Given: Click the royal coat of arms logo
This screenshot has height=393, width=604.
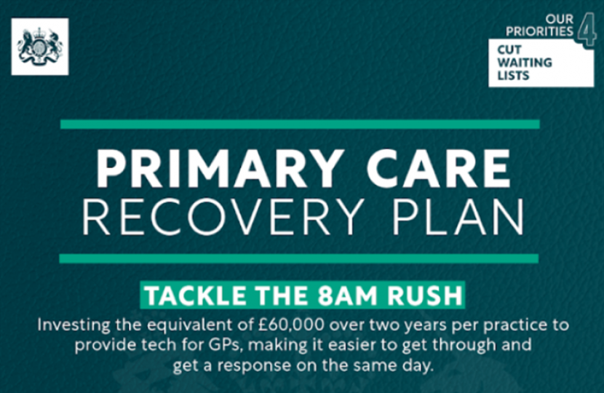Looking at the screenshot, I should pyautogui.click(x=40, y=47).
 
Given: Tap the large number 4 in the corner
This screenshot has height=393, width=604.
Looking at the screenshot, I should pyautogui.click(x=587, y=31).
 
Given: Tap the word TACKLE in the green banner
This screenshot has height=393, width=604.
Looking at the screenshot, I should pyautogui.click(x=191, y=297).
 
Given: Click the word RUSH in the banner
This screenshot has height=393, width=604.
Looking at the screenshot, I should pyautogui.click(x=420, y=297).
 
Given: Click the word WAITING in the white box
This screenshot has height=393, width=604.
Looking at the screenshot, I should pyautogui.click(x=524, y=63).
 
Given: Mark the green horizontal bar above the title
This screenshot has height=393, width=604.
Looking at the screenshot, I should pyautogui.click(x=300, y=124).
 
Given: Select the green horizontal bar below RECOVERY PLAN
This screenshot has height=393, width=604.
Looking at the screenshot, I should pyautogui.click(x=300, y=258).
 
